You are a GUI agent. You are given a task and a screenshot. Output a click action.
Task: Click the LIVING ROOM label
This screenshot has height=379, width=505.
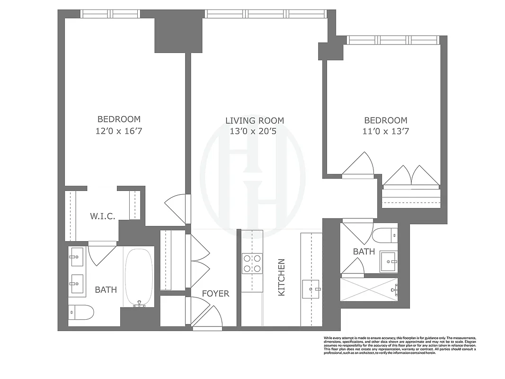point(255,121)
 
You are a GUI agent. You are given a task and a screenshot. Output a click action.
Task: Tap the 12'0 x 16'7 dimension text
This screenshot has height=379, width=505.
point(119,131)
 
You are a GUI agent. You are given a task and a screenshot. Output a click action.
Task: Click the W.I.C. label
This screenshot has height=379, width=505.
point(103,217)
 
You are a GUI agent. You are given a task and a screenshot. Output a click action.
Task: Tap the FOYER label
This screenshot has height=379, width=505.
point(215,294)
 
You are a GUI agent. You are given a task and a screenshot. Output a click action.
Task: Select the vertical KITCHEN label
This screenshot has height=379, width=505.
point(282,277)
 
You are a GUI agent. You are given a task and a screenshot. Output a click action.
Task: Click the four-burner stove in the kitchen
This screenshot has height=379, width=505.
point(252,263)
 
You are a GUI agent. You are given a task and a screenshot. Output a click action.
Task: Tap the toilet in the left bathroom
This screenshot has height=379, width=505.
point(81,312)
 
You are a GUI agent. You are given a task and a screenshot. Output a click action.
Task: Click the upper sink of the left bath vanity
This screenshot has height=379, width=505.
point(77,257)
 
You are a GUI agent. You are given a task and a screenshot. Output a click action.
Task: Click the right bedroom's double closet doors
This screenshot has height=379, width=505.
point(411,176)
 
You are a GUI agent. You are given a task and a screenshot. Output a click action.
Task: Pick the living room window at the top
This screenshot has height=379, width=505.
point(266,14)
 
